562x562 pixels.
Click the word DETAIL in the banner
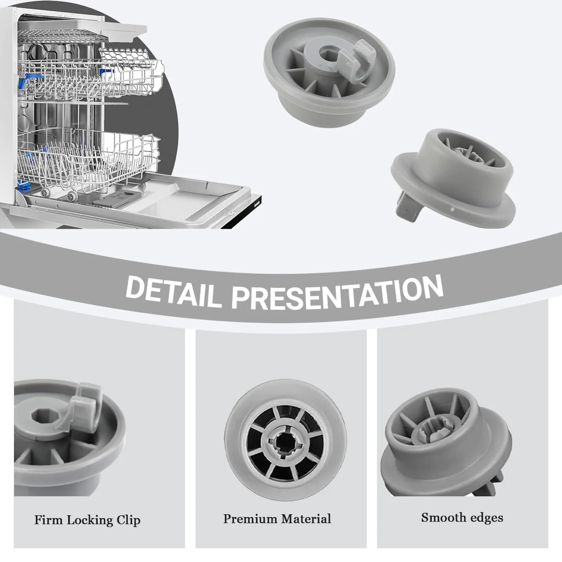point(174,292)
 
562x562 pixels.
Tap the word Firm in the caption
point(48,520)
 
